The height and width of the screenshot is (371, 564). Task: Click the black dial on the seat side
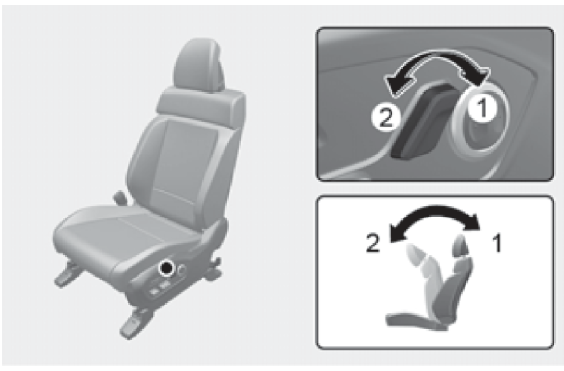tap(166, 269)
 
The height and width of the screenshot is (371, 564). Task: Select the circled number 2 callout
tap(386, 118)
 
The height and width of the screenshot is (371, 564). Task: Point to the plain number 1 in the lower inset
tap(497, 243)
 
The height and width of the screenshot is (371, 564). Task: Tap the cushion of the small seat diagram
tap(415, 321)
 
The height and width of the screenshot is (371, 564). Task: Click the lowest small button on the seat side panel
tap(154, 292)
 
